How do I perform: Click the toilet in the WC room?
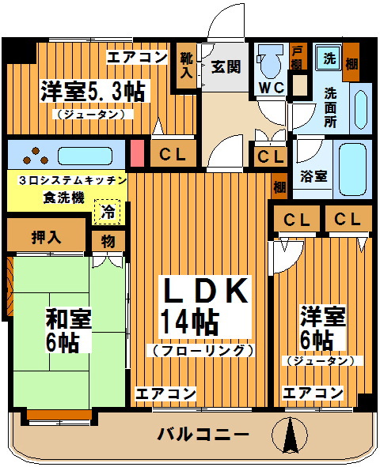[271, 62]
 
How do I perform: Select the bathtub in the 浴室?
[352, 169]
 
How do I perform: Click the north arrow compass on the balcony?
[290, 434]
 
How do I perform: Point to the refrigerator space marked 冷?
[108, 212]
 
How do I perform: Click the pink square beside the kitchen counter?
[137, 153]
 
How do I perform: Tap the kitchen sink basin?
[85, 156]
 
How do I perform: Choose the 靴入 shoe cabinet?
[186, 66]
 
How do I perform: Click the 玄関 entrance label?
[226, 66]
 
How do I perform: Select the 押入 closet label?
[46, 238]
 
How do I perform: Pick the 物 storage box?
[108, 241]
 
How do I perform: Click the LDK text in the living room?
[205, 291]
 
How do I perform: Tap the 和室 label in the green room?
[68, 318]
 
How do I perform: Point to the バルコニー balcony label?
[203, 435]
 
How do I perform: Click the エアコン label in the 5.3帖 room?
[137, 57]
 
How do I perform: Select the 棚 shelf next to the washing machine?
[351, 62]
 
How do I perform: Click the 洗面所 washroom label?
[330, 107]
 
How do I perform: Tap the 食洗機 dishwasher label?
[64, 198]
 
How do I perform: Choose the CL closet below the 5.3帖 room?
[173, 153]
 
